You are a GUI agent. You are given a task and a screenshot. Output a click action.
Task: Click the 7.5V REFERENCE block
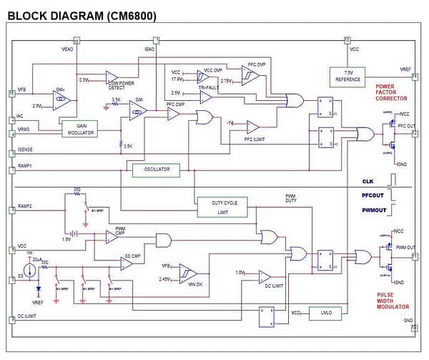click(347, 76)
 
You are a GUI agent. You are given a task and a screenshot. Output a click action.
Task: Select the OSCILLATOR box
click(156, 170)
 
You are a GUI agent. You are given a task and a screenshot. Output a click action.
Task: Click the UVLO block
click(318, 313)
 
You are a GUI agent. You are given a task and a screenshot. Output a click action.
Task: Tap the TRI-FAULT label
click(209, 86)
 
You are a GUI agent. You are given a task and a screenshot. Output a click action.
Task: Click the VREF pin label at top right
click(405, 69)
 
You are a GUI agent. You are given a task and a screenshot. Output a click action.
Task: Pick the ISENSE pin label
click(26, 150)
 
